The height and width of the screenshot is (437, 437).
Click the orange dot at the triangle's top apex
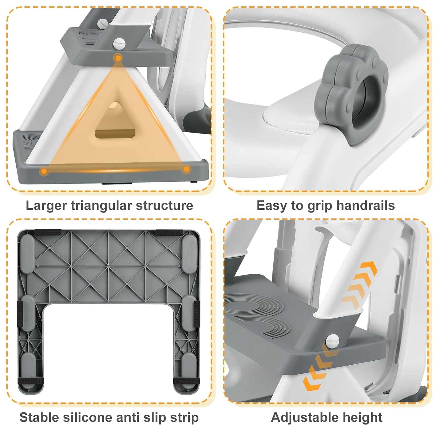[x=118, y=58]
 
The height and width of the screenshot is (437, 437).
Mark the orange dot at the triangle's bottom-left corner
[x=44, y=171]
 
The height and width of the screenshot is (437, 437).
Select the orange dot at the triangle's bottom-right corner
[x=187, y=169]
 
